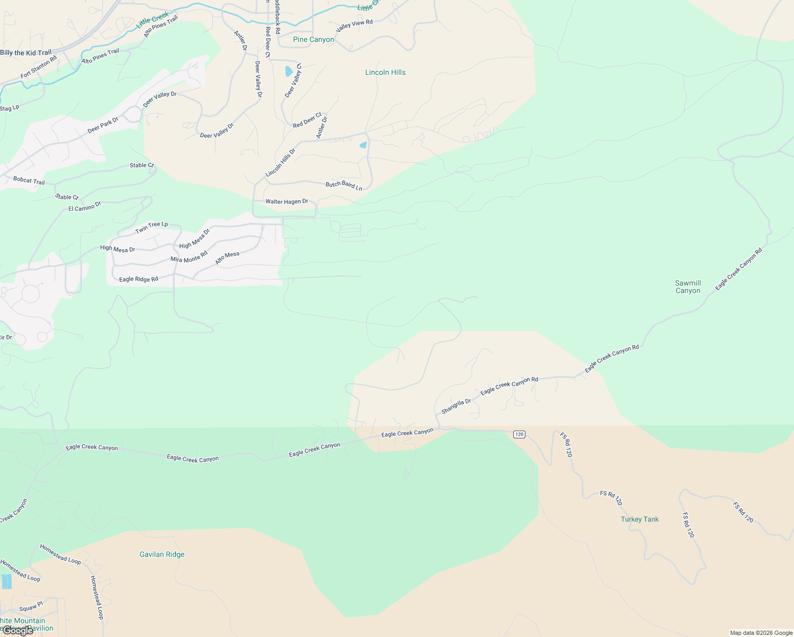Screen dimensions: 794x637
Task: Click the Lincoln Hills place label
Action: coord(385,72)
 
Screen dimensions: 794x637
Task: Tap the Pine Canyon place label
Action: coord(314,39)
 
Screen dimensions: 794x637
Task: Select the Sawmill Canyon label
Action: coord(688,287)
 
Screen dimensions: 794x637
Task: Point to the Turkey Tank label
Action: coord(640,519)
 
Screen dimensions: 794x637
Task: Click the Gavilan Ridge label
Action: coord(162,554)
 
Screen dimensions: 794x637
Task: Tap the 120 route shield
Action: coord(519,434)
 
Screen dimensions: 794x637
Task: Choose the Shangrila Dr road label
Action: coord(456,406)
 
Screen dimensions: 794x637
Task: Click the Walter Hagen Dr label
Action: coord(287,202)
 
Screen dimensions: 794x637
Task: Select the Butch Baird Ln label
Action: coord(343,185)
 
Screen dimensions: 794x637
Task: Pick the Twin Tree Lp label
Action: coord(151,227)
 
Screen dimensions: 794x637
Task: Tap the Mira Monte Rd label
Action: coord(188,257)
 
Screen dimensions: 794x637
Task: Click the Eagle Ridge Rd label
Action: coord(139,279)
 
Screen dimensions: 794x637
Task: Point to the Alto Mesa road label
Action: coord(227,258)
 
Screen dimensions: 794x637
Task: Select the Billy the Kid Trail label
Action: coord(26,53)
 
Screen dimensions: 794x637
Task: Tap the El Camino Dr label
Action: coord(84,206)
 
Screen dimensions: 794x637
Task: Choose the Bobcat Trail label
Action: coord(29,180)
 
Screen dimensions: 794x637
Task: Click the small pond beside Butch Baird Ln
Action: coord(364,145)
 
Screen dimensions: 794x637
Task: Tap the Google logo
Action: coord(18,631)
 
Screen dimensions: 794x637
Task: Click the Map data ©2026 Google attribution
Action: coord(761,633)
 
